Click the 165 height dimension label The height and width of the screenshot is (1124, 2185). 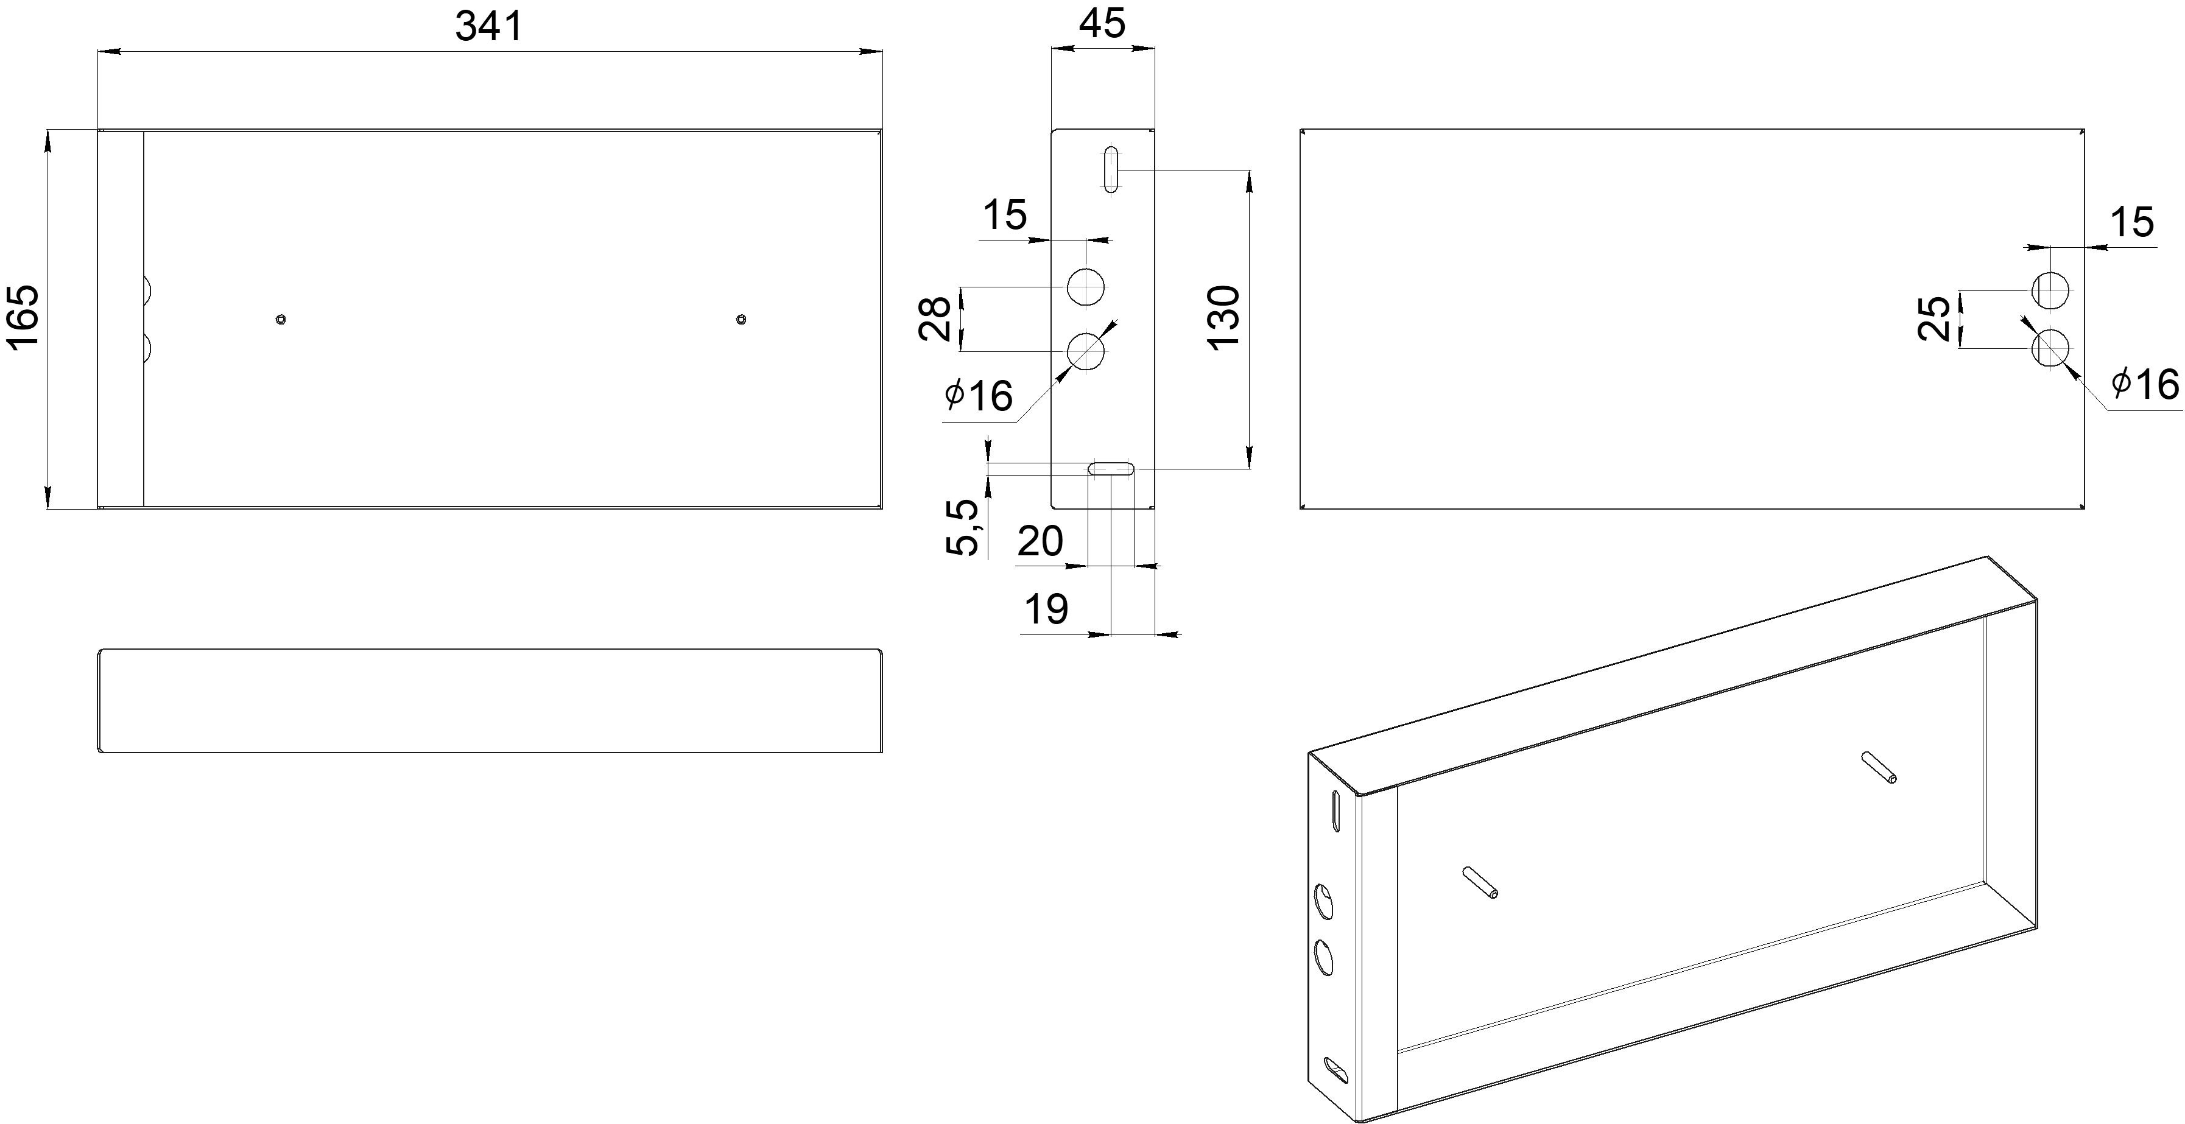coord(23,315)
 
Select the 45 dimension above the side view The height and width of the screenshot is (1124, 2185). coord(1103,24)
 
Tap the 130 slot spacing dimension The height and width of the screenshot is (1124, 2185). coord(1224,317)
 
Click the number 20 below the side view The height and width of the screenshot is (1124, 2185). coord(1040,541)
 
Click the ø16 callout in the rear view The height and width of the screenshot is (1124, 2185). coord(2144,384)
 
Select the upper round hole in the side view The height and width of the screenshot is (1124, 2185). coord(1086,287)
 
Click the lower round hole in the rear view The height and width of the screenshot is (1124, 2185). coord(2050,348)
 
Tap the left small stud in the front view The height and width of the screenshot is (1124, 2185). coord(281,319)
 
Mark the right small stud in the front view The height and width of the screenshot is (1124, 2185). coord(741,319)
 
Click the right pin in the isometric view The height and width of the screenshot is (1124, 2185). coord(1878,768)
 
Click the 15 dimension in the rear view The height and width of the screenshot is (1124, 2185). coord(2131,222)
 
